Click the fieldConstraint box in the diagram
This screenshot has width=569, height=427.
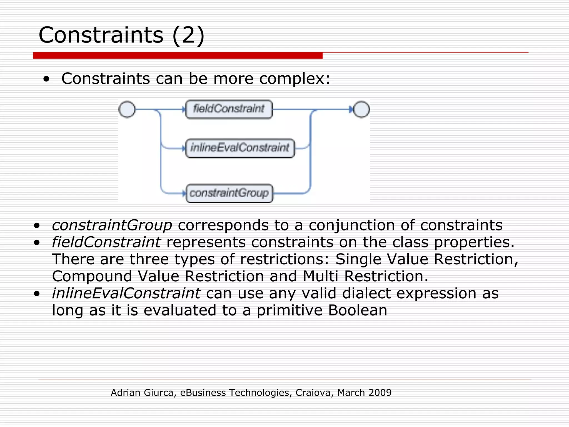pos(229,109)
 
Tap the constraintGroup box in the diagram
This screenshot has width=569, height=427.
pos(229,193)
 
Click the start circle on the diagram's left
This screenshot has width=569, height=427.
pos(127,109)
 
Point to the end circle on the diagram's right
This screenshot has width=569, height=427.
pos(361,109)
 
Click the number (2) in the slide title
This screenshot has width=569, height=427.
pos(188,35)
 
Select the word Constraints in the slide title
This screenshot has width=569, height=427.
pos(101,35)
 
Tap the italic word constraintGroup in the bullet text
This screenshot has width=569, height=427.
pos(112,225)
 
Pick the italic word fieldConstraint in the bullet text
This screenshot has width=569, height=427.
pos(106,242)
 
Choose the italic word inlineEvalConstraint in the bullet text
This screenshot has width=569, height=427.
pos(126,293)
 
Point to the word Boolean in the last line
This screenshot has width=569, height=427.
pos(358,310)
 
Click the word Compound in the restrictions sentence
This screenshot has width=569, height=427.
pos(92,276)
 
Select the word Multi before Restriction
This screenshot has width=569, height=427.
pos(320,276)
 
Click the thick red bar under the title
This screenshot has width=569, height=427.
pos(178,56)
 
